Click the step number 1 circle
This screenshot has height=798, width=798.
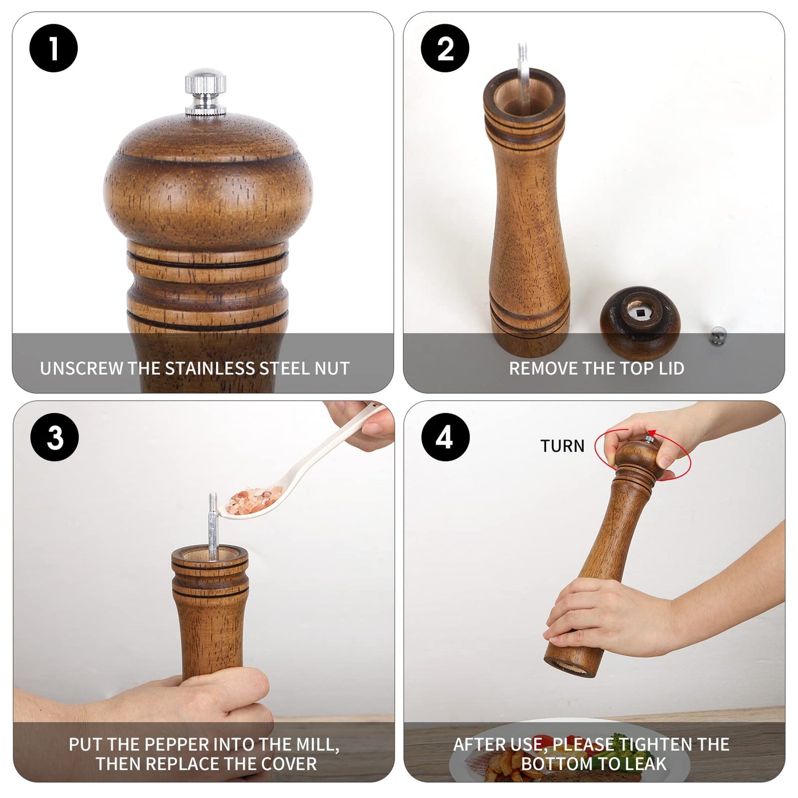(54, 48)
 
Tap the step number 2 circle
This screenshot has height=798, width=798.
(445, 48)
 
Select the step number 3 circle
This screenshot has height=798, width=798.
(55, 437)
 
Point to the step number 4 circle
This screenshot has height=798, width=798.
(445, 437)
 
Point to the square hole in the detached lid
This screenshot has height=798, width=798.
(640, 314)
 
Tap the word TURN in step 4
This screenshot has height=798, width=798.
(562, 446)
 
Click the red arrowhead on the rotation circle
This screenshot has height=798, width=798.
(652, 434)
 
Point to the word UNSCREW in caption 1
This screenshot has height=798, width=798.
(81, 368)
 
